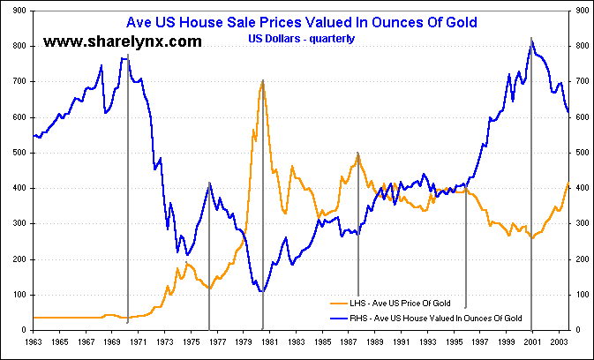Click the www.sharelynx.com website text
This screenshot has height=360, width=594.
[123, 41]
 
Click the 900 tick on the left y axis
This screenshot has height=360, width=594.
[19, 11]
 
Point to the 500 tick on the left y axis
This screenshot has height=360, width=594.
[19, 153]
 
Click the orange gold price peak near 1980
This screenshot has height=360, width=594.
[262, 81]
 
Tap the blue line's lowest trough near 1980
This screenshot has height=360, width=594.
[261, 291]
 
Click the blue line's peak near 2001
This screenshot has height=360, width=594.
[530, 41]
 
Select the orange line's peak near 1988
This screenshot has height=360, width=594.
[357, 155]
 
